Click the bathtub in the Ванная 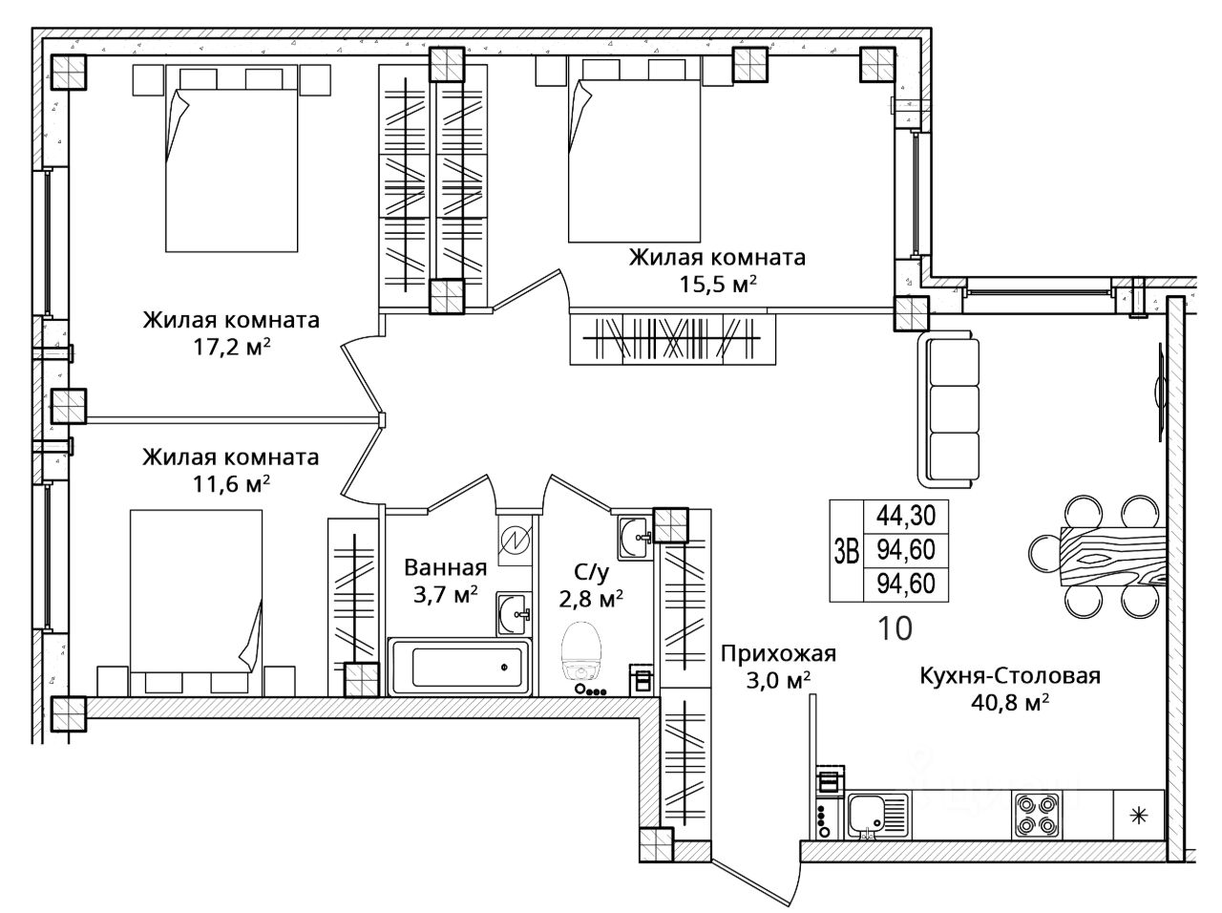pyautogui.click(x=459, y=667)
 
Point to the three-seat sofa pyautogui.click(x=948, y=409)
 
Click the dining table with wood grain pyautogui.click(x=1113, y=556)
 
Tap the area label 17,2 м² pyautogui.click(x=232, y=349)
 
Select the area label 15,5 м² pyautogui.click(x=718, y=285)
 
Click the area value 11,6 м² pyautogui.click(x=231, y=484)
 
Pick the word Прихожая pyautogui.click(x=778, y=653)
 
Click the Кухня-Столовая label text pyautogui.click(x=1010, y=676)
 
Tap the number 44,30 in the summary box pyautogui.click(x=906, y=516)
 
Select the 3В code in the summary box pyautogui.click(x=846, y=551)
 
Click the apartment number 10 pyautogui.click(x=895, y=628)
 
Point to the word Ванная pyautogui.click(x=446, y=568)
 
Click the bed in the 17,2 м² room pyautogui.click(x=232, y=159)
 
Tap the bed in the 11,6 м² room pyautogui.click(x=196, y=602)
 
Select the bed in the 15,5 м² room pyautogui.click(x=634, y=149)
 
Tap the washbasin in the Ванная pyautogui.click(x=512, y=613)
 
